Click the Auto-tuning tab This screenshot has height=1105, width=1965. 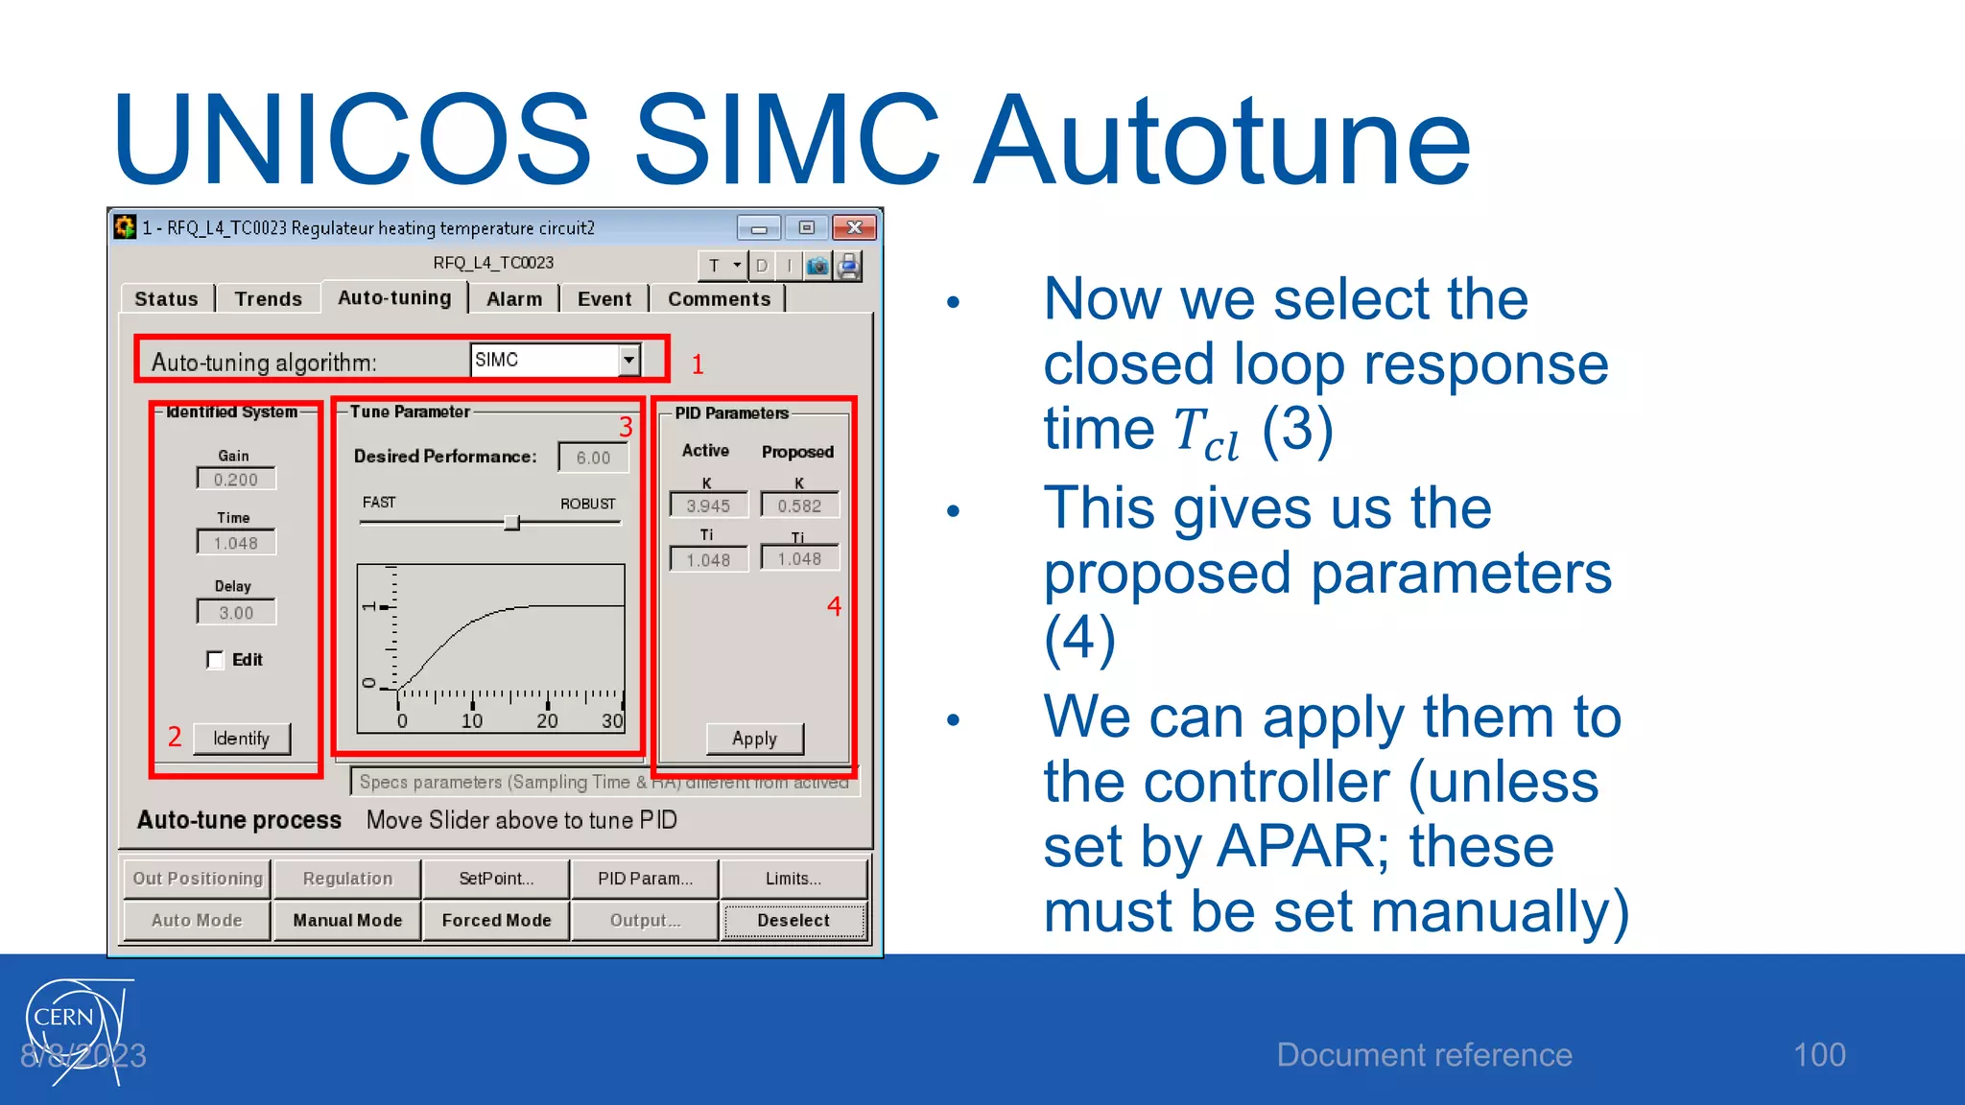pos(394,298)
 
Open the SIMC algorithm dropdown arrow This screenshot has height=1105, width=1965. pos(628,361)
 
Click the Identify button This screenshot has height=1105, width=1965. pos(241,739)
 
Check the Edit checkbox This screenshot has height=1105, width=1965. pos(215,660)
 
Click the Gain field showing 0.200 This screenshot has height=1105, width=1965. pos(236,480)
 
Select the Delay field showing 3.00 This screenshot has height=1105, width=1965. pos(236,613)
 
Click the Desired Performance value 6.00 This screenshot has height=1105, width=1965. pos(593,458)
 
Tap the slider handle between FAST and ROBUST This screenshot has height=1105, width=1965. pos(512,523)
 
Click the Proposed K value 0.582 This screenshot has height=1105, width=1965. pos(799,505)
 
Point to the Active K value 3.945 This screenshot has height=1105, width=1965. pos(708,505)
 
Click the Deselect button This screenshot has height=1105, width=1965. pos(793,921)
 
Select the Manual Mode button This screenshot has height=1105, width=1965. pos(347,921)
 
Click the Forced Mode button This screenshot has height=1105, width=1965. pos(496,921)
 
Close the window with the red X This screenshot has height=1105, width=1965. pos(854,228)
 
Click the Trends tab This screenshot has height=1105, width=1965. pos(268,299)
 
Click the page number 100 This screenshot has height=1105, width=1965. pos(1819,1055)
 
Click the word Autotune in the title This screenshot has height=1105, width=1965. pos(1222,141)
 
